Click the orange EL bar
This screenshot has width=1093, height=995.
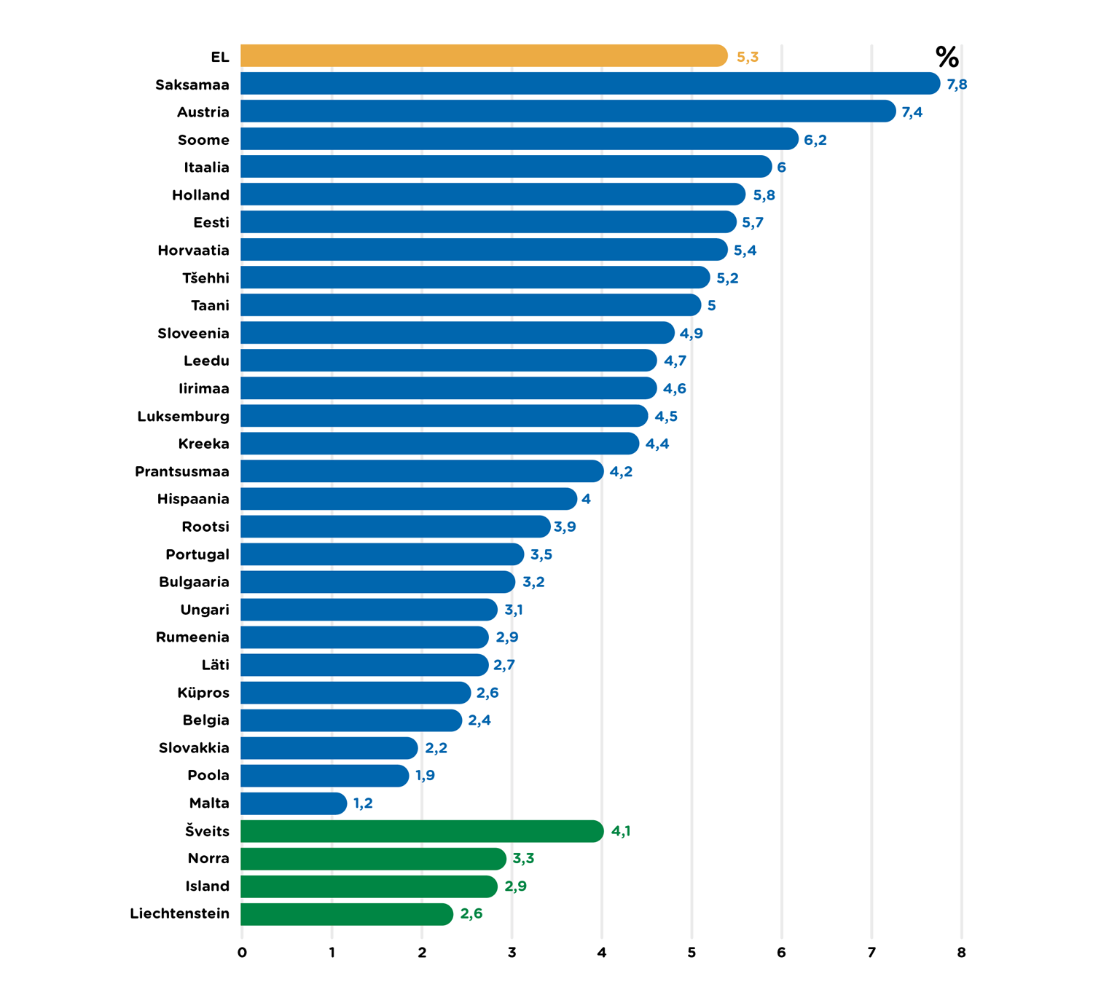(x=484, y=56)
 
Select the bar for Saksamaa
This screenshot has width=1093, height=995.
(x=590, y=84)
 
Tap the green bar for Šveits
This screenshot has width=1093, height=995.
(x=422, y=831)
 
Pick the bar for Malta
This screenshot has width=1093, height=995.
(x=294, y=803)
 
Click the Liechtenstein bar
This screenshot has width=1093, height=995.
(x=347, y=914)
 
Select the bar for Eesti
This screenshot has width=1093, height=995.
(x=488, y=222)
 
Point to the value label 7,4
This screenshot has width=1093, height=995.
(x=912, y=112)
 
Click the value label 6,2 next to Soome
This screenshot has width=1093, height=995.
(x=815, y=140)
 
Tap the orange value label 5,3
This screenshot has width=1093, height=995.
(x=748, y=57)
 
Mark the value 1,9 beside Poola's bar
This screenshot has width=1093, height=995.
(x=425, y=776)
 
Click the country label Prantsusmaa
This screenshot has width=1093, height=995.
(x=182, y=472)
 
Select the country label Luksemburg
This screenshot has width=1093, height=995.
(x=184, y=417)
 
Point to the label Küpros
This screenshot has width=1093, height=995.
(x=203, y=693)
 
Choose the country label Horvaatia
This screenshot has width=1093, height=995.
(x=194, y=251)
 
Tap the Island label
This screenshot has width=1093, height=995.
(x=208, y=886)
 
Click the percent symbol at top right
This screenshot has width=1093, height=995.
(x=947, y=57)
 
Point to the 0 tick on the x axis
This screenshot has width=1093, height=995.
(x=243, y=953)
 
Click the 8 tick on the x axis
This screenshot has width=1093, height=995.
(x=961, y=953)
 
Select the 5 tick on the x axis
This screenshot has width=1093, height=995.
(x=692, y=953)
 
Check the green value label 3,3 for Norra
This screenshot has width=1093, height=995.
(x=523, y=859)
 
